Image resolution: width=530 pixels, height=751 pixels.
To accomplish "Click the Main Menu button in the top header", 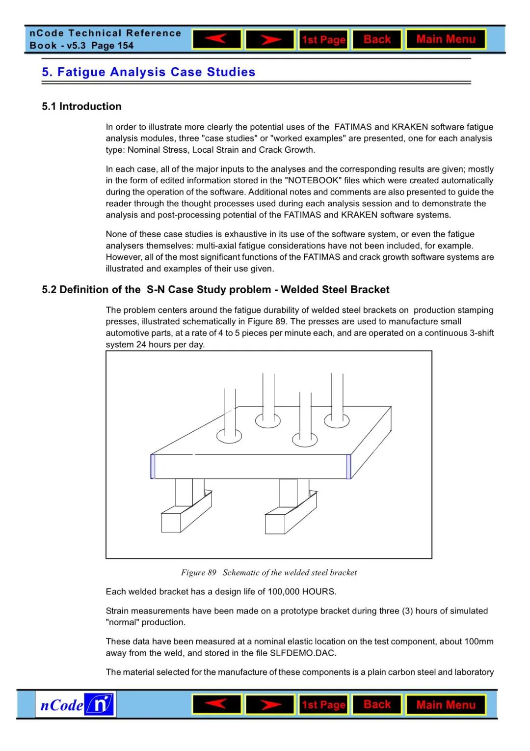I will [x=446, y=39].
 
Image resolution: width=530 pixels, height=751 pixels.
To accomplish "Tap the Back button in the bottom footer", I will [x=377, y=705].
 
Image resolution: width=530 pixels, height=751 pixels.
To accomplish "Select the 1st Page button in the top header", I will [x=323, y=40].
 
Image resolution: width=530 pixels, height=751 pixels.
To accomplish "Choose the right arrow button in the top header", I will [x=270, y=39].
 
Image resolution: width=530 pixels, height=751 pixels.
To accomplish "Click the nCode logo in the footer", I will [x=76, y=705].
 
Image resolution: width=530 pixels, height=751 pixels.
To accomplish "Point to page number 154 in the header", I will [x=125, y=46].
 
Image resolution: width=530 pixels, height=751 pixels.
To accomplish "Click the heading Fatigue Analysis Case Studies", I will [x=156, y=72].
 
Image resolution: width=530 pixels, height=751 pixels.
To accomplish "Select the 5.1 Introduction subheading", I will [x=81, y=107].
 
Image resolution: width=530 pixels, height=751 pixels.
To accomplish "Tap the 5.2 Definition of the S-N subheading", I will [x=215, y=290].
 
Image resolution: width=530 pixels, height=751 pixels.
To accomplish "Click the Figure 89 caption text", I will [x=268, y=573].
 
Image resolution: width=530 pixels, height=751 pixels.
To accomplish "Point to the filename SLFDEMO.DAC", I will [x=303, y=653].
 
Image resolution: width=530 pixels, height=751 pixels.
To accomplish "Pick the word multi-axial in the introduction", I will [x=218, y=246].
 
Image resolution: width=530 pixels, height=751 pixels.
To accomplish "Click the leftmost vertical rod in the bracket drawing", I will [x=229, y=413].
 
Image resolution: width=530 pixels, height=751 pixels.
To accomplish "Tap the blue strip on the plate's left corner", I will [x=153, y=467].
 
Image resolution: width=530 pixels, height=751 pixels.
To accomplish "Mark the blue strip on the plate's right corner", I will [x=348, y=467].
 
